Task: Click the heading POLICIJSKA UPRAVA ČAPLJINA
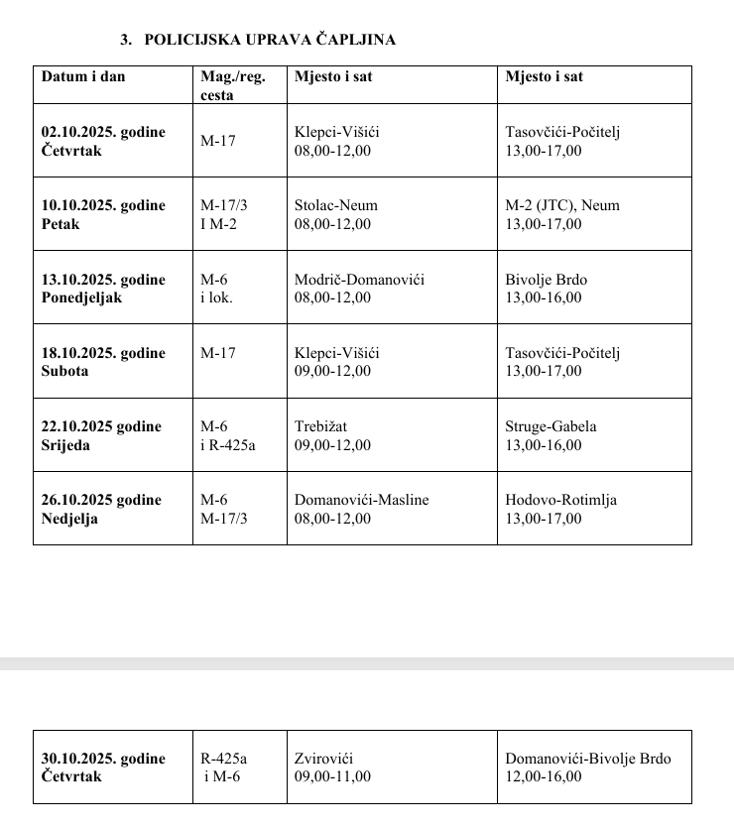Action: (x=269, y=40)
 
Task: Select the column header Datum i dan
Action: (x=83, y=76)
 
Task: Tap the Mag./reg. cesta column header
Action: (x=232, y=85)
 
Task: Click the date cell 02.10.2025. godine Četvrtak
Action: (x=103, y=141)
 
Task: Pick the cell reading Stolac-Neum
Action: (x=336, y=205)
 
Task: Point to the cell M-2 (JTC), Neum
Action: (x=561, y=205)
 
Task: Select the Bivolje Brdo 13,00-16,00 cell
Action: (x=545, y=289)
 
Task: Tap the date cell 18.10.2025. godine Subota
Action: (x=103, y=362)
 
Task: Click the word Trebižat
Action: (x=320, y=426)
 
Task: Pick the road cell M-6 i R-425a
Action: (x=227, y=435)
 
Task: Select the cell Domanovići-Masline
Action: (x=361, y=500)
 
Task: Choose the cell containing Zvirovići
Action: (x=322, y=759)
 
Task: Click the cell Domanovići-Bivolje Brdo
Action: (x=587, y=759)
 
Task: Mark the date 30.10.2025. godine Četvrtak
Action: (x=103, y=768)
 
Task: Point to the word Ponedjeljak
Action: (x=81, y=297)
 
